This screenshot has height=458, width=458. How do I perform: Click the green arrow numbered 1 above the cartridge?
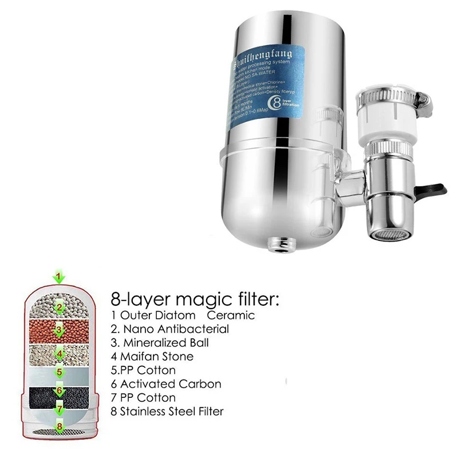point(59,278)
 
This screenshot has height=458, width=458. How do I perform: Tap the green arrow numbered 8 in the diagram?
point(59,427)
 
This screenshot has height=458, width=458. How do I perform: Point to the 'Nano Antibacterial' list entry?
point(169,329)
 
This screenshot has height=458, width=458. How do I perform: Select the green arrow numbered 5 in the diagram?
point(59,372)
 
